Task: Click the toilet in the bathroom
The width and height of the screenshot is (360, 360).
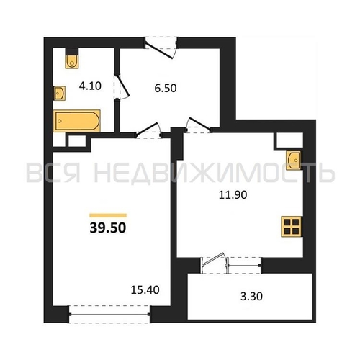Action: pyautogui.click(x=72, y=62)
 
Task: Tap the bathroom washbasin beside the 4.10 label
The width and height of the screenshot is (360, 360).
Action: pyautogui.click(x=59, y=94)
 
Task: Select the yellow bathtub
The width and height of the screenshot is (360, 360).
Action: pyautogui.click(x=77, y=121)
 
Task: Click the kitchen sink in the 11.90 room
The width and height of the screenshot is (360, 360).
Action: pyautogui.click(x=294, y=161)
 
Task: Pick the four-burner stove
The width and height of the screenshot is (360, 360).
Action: pyautogui.click(x=292, y=227)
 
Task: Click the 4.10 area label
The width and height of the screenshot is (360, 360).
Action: pyautogui.click(x=90, y=86)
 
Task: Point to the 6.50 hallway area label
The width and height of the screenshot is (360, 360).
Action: pyautogui.click(x=166, y=88)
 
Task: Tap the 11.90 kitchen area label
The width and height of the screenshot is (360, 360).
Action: pyautogui.click(x=233, y=194)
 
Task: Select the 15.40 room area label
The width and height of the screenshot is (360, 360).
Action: pyautogui.click(x=145, y=290)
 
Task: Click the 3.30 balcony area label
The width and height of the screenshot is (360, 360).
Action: pyautogui.click(x=251, y=296)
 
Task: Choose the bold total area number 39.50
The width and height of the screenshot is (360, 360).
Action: pyautogui.click(x=108, y=228)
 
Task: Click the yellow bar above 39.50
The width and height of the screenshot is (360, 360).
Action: pyautogui.click(x=108, y=215)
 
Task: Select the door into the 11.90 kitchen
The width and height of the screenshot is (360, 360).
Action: pyautogui.click(x=199, y=125)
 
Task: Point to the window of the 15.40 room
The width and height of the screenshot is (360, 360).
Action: pyautogui.click(x=109, y=314)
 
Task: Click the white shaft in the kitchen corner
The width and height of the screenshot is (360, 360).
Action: pyautogui.click(x=289, y=140)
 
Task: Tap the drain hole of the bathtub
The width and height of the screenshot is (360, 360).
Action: pyautogui.click(x=60, y=121)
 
